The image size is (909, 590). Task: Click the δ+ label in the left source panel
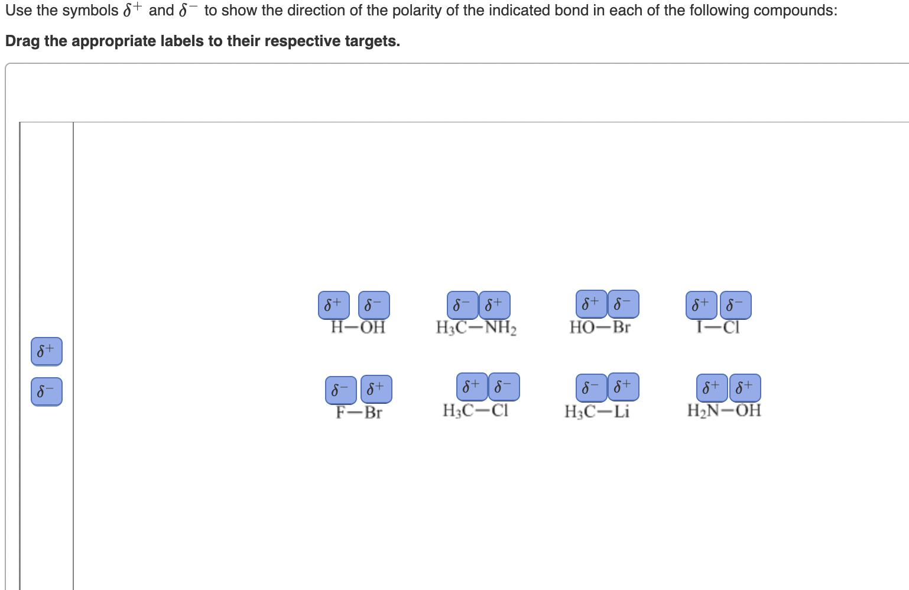tap(46, 351)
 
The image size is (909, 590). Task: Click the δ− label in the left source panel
tap(46, 391)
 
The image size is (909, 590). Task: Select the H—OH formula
tap(358, 328)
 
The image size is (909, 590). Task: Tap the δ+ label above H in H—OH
tap(333, 305)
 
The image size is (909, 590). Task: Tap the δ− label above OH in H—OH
tap(374, 305)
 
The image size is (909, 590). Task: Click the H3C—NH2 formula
tap(476, 328)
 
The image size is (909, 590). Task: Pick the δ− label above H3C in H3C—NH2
tap(462, 305)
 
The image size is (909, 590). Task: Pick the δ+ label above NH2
tap(494, 305)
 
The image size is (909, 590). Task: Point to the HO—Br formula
tap(600, 327)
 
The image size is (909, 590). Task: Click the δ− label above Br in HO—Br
tap(623, 304)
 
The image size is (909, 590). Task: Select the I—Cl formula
tap(718, 328)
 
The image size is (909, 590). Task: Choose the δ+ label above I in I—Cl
tap(701, 305)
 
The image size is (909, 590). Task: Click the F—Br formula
tap(359, 412)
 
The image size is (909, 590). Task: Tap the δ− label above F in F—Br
tap(340, 390)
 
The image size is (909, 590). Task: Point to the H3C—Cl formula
tap(475, 410)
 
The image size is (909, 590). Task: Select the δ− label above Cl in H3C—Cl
tap(504, 387)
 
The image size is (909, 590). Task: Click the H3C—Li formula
tap(597, 411)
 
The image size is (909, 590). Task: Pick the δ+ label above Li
tap(623, 387)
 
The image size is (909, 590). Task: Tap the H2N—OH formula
tap(724, 410)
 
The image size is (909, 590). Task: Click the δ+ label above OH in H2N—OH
tap(745, 388)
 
